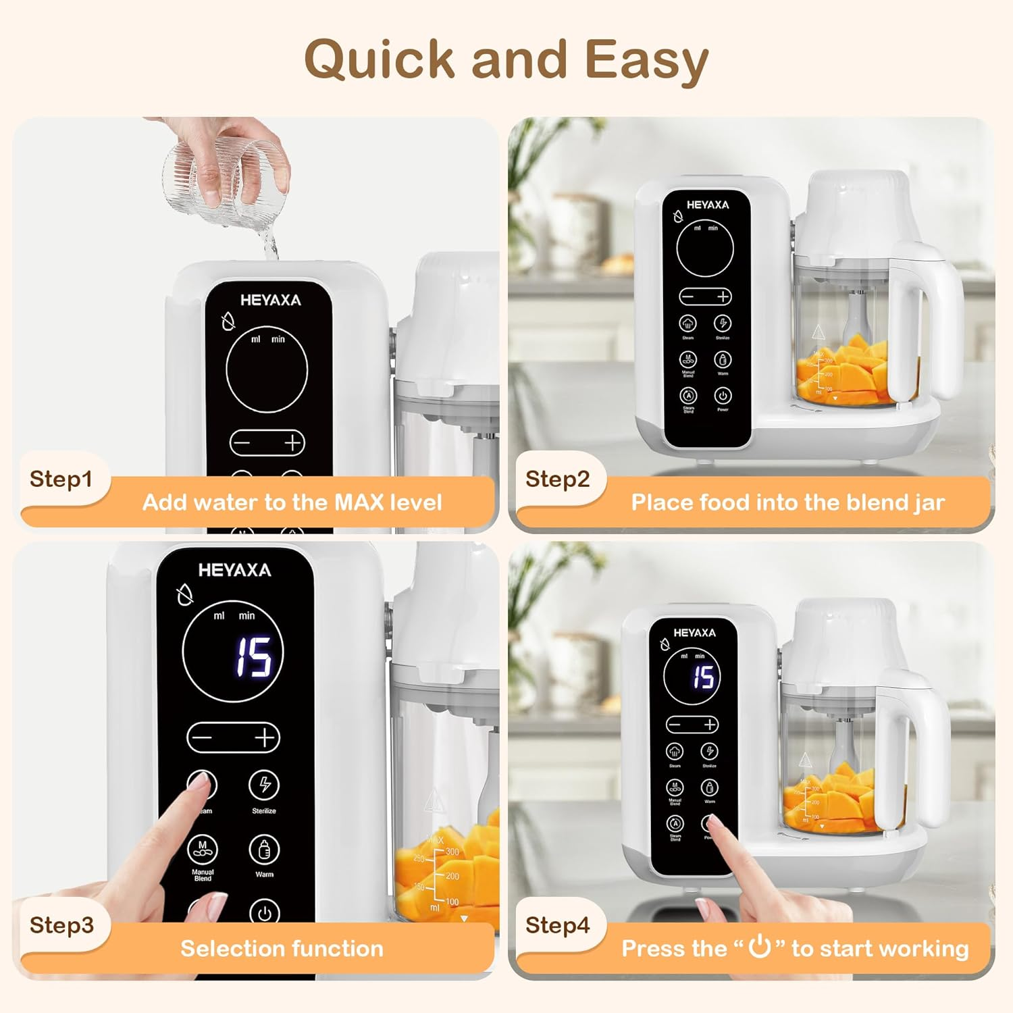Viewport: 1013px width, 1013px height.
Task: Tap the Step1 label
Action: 61,479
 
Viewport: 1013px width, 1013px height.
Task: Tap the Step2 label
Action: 557,479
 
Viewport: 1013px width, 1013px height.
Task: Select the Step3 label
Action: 61,925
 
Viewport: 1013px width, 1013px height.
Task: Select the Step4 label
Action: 557,925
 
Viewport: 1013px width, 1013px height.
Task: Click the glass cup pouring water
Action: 226,181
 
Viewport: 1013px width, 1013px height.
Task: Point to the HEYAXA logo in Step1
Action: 270,300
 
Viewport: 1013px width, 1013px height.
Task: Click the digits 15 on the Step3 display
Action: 253,656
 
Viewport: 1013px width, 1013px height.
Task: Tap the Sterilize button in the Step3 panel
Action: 264,785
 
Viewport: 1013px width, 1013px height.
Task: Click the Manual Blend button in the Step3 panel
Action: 203,850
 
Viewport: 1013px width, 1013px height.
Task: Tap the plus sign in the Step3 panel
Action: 265,737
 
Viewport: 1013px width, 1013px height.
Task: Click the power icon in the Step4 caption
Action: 760,947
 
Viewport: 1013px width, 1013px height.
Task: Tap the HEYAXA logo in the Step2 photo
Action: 707,205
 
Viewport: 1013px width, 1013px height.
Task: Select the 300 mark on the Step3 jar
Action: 452,852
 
